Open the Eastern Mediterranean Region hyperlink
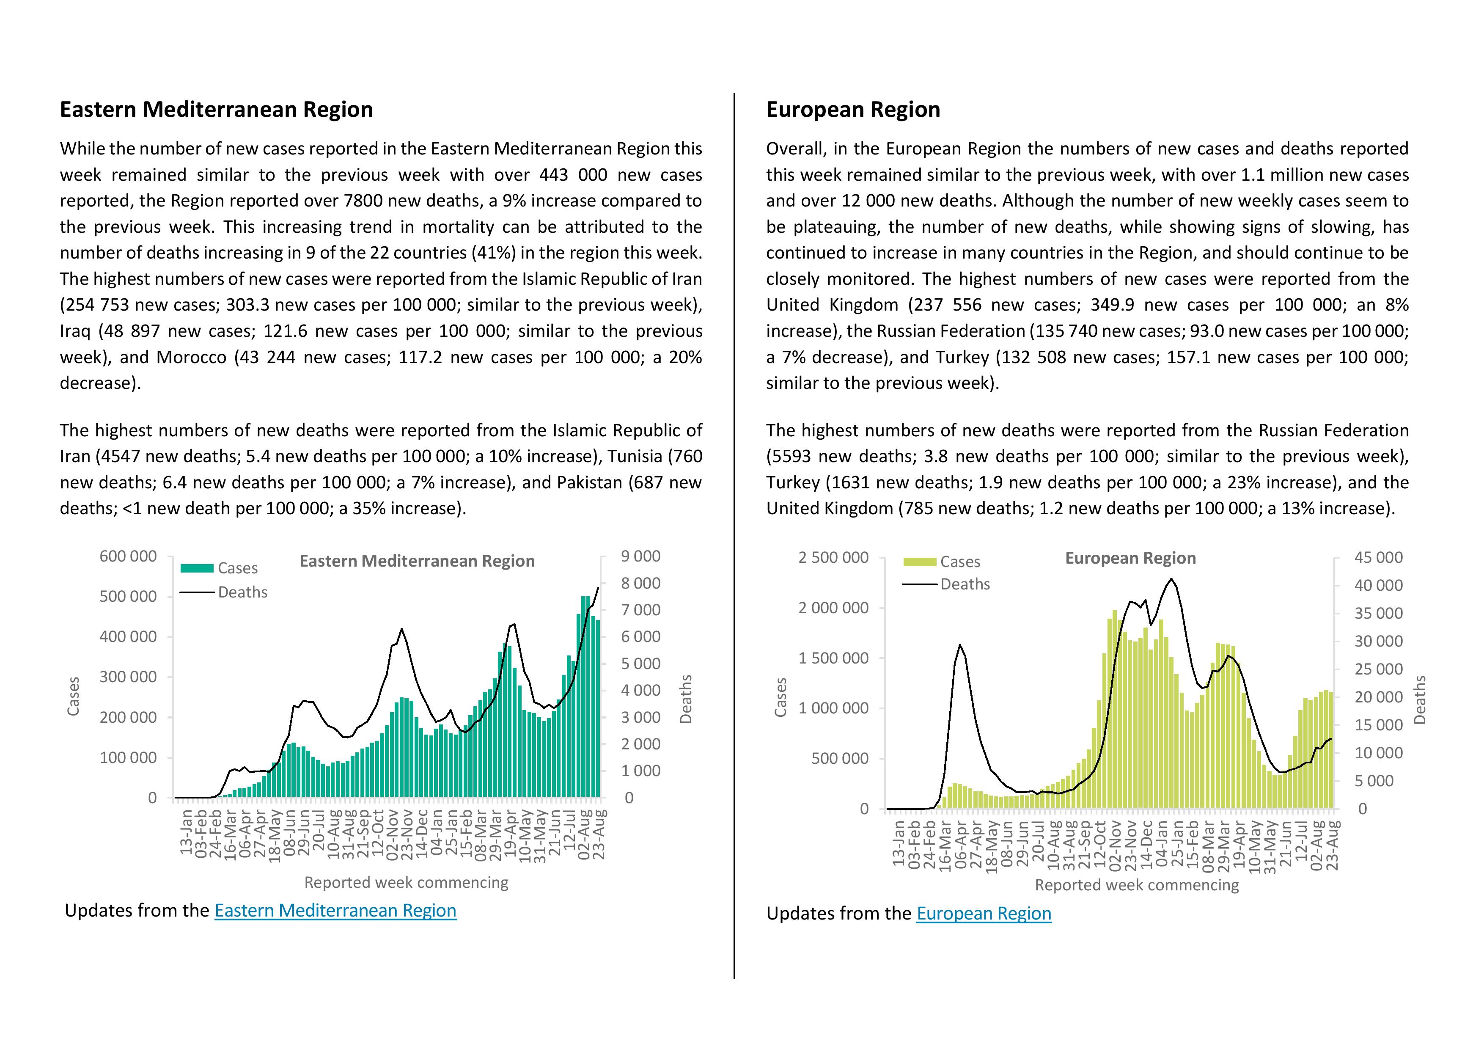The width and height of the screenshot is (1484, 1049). coord(335,911)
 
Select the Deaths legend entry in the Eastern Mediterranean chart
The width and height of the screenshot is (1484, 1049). coord(224,592)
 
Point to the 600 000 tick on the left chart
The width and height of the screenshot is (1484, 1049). coord(128,556)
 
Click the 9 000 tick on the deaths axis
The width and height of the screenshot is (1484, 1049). coord(640,556)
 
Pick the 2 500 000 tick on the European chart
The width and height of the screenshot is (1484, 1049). coord(834,558)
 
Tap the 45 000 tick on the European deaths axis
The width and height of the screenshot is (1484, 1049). coord(1379,558)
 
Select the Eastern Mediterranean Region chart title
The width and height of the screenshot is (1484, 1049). coord(417,561)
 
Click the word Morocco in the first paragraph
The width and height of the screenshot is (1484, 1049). coord(191,358)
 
